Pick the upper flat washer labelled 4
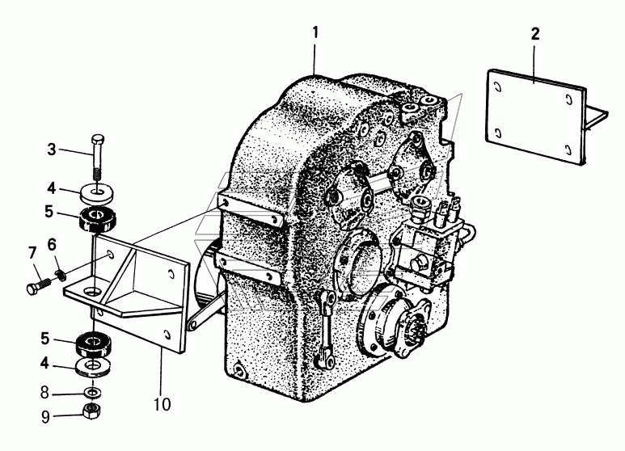pos(96,194)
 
